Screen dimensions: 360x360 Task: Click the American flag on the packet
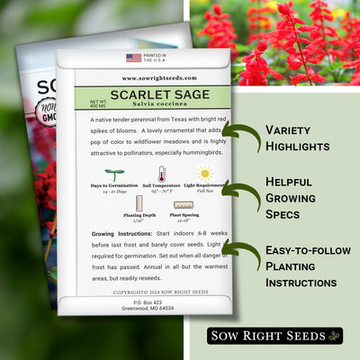point(134,58)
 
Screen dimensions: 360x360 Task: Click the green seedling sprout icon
point(114,174)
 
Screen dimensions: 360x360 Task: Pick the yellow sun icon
point(206,173)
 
